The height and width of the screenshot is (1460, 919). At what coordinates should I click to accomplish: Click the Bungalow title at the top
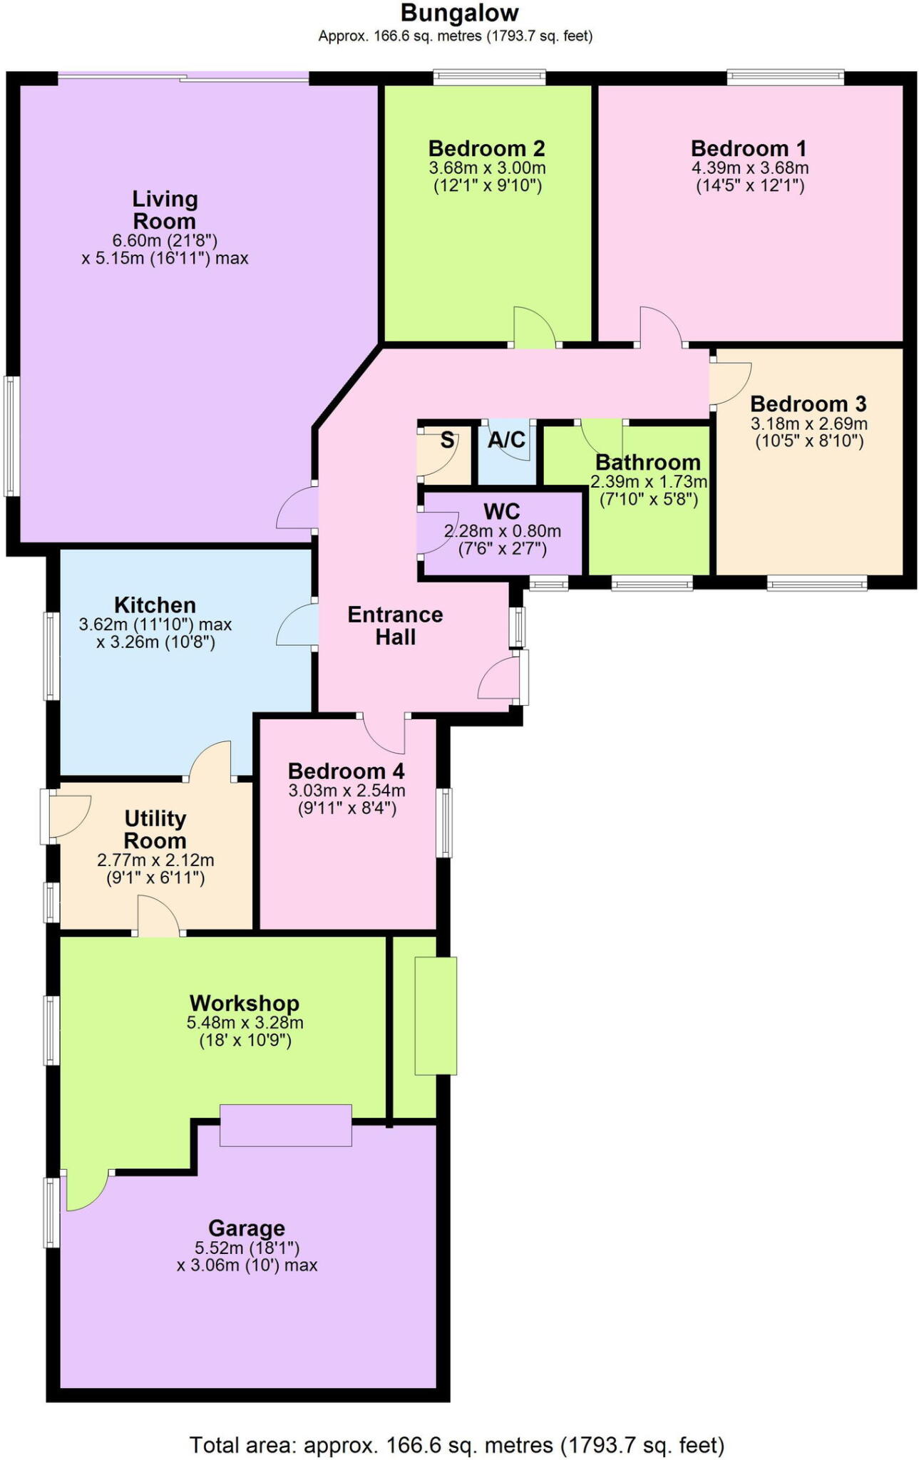tap(459, 13)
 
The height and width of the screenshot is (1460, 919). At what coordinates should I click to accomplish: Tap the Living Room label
tap(165, 210)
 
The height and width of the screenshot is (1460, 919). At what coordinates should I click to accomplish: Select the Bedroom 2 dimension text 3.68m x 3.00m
tap(487, 168)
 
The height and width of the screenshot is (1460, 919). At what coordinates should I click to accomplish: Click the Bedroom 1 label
tap(749, 148)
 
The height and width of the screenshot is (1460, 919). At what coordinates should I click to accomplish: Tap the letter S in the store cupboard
tap(447, 441)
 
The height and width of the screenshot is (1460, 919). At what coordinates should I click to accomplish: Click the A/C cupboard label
tap(507, 440)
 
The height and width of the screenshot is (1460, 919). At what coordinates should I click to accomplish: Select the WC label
tap(502, 511)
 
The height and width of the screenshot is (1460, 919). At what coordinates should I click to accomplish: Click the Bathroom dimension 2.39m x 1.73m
tap(648, 482)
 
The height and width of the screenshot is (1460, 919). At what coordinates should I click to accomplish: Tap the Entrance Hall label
tap(395, 625)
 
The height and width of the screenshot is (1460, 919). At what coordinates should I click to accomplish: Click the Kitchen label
tap(155, 605)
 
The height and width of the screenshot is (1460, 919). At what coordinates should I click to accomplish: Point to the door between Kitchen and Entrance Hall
tap(296, 624)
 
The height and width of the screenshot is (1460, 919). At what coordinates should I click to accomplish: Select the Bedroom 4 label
tap(346, 771)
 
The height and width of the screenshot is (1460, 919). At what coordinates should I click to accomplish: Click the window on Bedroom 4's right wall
tap(443, 822)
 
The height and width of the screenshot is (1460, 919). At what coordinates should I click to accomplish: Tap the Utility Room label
tap(155, 829)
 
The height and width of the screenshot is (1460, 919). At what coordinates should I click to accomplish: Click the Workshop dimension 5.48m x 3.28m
tap(245, 1022)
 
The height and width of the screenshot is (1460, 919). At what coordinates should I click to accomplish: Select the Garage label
tap(247, 1228)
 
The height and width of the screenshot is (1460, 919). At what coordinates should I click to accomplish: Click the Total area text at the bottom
tap(456, 1445)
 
